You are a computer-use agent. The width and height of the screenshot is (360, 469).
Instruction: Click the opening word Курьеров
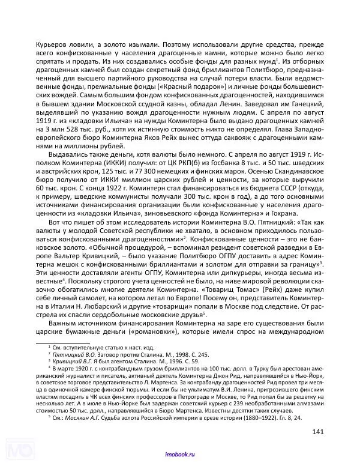click(53, 43)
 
